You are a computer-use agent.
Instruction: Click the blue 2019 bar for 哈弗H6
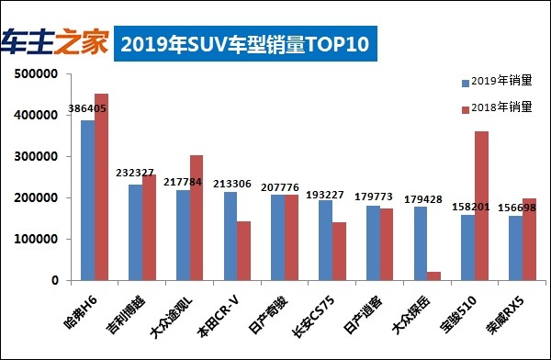click(88, 199)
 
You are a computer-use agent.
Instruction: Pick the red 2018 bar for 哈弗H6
click(102, 186)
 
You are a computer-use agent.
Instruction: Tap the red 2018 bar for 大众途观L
click(197, 218)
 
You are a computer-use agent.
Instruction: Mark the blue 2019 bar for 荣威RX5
click(515, 248)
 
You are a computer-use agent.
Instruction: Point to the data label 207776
click(279, 186)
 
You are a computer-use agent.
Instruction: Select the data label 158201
click(470, 206)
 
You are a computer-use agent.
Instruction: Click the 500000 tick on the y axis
click(39, 74)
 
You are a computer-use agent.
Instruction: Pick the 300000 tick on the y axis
click(39, 157)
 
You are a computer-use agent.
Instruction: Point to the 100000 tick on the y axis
click(39, 240)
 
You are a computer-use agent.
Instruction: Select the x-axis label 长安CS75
click(319, 310)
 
